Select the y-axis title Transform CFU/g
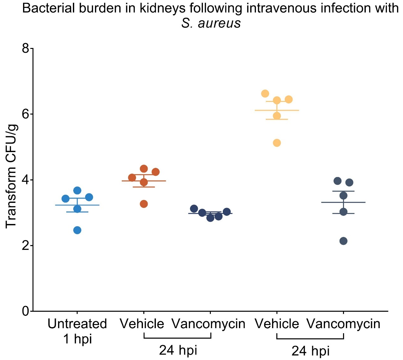[x=11, y=176]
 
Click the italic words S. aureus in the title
[x=211, y=23]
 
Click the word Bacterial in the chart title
[x=48, y=8]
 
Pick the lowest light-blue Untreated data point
[x=77, y=230]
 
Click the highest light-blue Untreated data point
[x=77, y=190]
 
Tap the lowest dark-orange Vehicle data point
[x=144, y=204]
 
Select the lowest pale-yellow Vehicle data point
[x=277, y=143]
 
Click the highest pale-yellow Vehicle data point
[x=265, y=93]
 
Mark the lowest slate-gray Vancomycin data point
[x=343, y=241]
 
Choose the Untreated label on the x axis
[x=77, y=324]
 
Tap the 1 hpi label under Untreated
[x=77, y=339]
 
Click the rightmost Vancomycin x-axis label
[x=343, y=324]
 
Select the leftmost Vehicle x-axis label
[x=142, y=324]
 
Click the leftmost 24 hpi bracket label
[x=178, y=350]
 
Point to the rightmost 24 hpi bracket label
[x=311, y=351]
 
